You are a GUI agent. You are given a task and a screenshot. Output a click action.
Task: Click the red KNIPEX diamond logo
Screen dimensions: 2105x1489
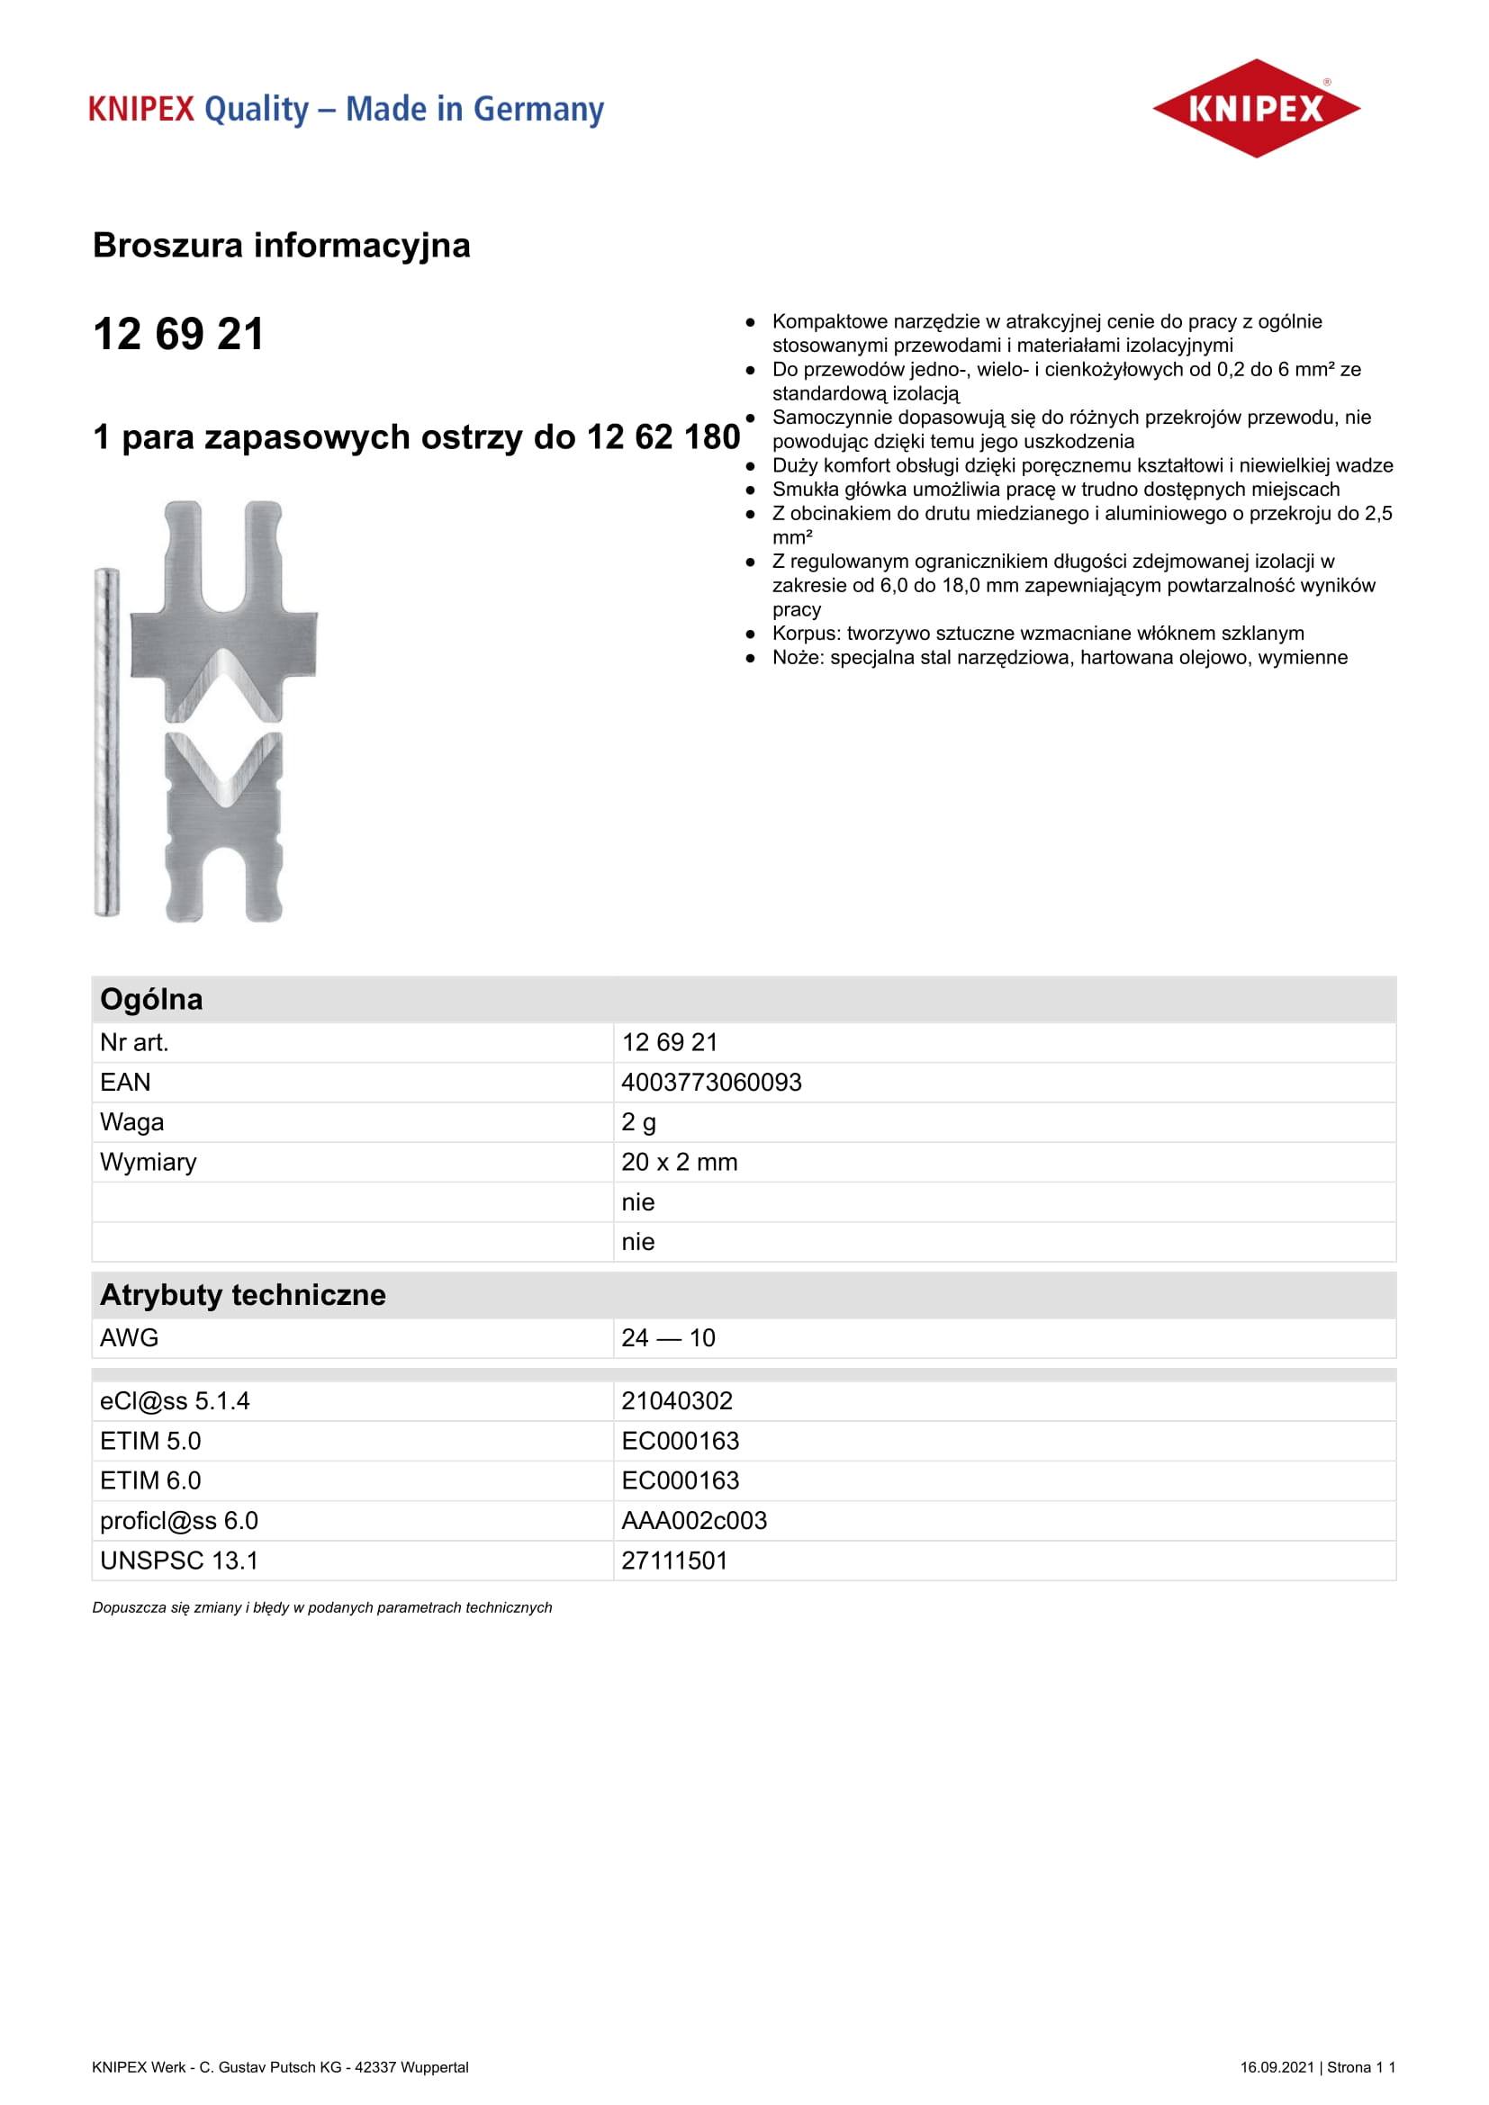pyautogui.click(x=1255, y=108)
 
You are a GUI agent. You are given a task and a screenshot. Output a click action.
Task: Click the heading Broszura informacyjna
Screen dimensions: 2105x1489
pyautogui.click(x=282, y=246)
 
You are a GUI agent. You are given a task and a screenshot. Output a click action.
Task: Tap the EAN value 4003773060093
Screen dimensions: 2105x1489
pyautogui.click(x=710, y=1083)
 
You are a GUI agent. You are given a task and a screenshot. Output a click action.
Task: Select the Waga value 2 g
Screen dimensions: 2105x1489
pyautogui.click(x=638, y=1122)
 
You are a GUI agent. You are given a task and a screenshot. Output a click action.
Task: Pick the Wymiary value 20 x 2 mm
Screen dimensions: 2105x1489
pyautogui.click(x=679, y=1163)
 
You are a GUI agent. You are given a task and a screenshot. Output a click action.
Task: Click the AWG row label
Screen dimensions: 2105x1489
pyautogui.click(x=130, y=1338)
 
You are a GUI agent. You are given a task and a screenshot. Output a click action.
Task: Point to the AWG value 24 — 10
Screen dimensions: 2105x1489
pyautogui.click(x=667, y=1338)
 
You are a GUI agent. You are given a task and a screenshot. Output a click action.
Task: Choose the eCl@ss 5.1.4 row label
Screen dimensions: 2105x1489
pyautogui.click(x=175, y=1402)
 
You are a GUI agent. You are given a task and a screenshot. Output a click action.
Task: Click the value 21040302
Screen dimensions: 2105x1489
pyautogui.click(x=677, y=1402)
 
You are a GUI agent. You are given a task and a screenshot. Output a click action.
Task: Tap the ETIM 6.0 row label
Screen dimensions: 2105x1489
pyautogui.click(x=150, y=1481)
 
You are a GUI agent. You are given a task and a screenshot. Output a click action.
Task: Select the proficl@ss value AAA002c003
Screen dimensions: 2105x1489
pyautogui.click(x=693, y=1521)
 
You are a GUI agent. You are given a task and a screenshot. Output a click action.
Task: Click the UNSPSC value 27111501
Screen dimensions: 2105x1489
pyautogui.click(x=674, y=1561)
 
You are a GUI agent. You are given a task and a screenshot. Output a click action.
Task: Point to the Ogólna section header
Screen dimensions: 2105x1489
pyautogui.click(x=151, y=999)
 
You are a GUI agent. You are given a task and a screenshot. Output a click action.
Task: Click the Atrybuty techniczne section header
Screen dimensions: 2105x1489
pyautogui.click(x=243, y=1295)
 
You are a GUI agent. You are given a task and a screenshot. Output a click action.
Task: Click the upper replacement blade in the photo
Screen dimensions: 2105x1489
pyautogui.click(x=224, y=624)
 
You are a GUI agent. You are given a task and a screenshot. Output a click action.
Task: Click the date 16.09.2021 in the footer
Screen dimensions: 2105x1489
pyautogui.click(x=1277, y=2067)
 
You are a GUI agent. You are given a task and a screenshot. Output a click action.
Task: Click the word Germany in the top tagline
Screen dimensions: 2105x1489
pyautogui.click(x=538, y=109)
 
